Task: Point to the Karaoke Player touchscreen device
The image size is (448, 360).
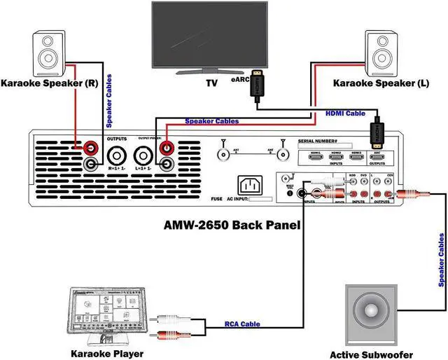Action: [108, 315]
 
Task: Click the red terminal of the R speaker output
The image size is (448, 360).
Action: [91, 148]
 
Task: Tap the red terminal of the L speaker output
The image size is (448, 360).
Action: [168, 148]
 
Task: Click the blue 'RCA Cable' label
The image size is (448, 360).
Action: [242, 324]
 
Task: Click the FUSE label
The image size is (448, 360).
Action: [216, 199]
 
